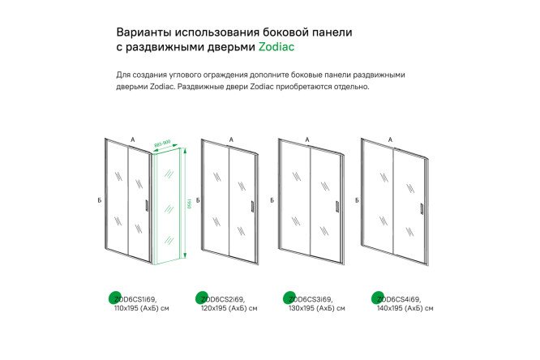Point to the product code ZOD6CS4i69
pyautogui.click(x=399, y=298)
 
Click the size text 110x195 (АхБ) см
pyautogui.click(x=143, y=308)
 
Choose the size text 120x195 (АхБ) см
pyautogui.click(x=229, y=308)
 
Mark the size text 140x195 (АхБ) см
pyautogui.click(x=405, y=308)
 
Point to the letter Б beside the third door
pyautogui.click(x=272, y=199)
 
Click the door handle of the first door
pyautogui.click(x=147, y=206)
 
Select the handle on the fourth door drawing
pyautogui.click(x=421, y=208)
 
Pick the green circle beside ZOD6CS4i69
pyautogui.click(x=376, y=298)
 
